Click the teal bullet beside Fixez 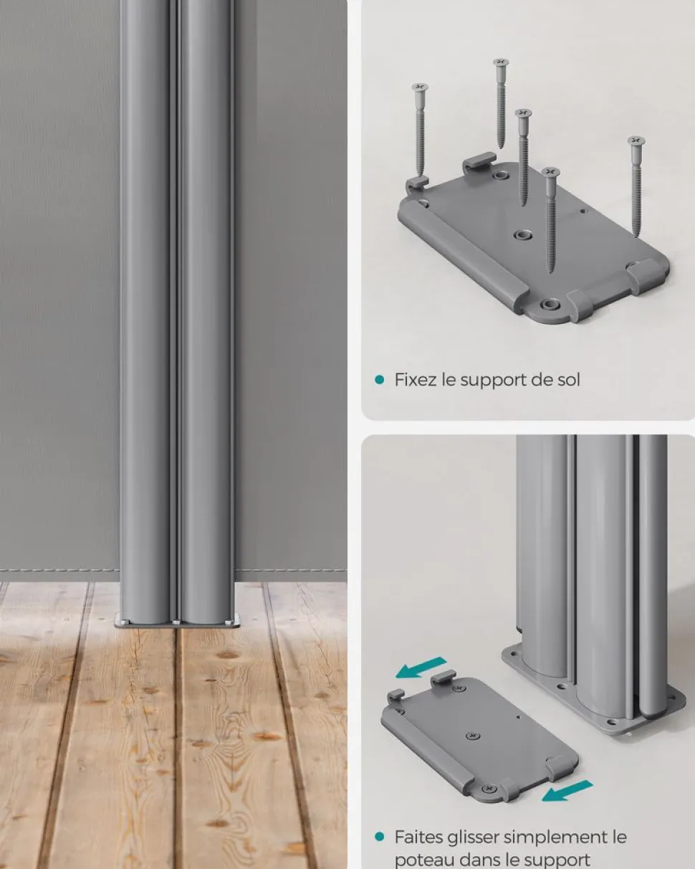[x=379, y=380]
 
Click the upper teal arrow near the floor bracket [x=421, y=667]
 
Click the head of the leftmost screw [x=420, y=87]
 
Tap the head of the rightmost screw [x=636, y=141]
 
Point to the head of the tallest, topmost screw [x=501, y=63]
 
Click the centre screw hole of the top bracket [x=522, y=234]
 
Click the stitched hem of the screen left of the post [x=59, y=570]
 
